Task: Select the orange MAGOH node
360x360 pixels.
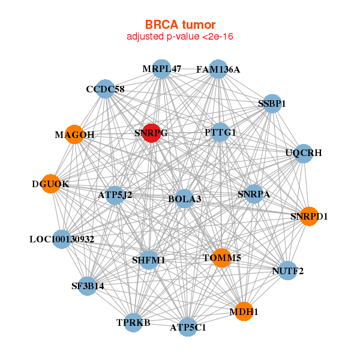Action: [74, 134]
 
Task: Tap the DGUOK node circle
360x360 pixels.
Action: [51, 184]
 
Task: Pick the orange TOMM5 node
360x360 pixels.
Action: [221, 258]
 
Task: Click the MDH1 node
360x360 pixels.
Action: [244, 312]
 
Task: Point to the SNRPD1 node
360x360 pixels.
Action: [309, 216]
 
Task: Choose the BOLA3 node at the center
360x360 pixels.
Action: [184, 199]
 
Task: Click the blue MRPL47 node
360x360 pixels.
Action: [161, 69]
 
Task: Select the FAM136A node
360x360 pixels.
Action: [218, 70]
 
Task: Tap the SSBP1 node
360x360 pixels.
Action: [272, 103]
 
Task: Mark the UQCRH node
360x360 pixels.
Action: [304, 153]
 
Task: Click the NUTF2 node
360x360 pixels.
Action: [288, 271]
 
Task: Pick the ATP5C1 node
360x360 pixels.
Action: [188, 328]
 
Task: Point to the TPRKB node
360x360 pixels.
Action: [133, 323]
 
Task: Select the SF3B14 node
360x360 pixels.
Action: [88, 286]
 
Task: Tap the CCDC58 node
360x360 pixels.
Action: [105, 89]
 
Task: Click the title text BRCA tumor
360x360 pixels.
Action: [180, 25]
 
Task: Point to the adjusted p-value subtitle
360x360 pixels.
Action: [180, 37]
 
